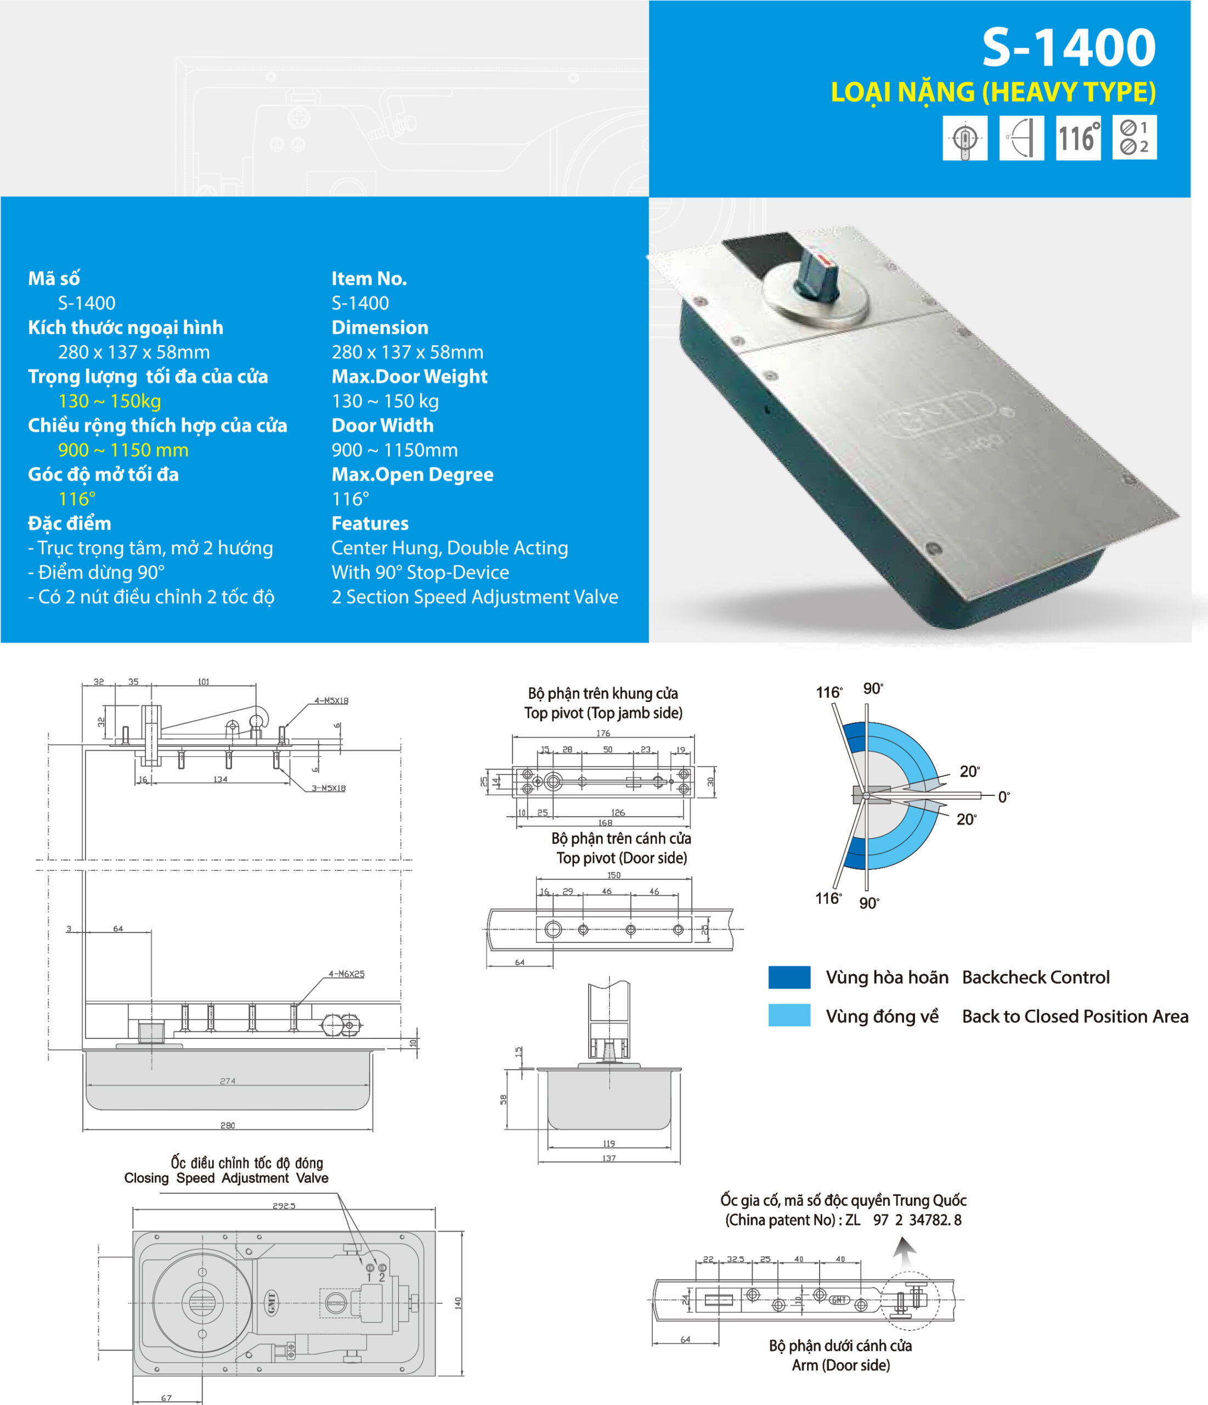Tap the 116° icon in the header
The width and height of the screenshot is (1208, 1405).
[1077, 138]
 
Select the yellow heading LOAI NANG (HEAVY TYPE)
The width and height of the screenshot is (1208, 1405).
[992, 92]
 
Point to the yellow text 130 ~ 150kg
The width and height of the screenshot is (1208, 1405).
[109, 401]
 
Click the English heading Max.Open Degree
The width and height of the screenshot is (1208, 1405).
[412, 474]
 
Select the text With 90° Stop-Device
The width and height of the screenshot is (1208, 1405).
[420, 572]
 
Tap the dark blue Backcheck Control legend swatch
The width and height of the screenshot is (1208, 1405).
[789, 977]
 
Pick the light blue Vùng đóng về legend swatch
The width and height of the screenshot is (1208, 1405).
[789, 1015]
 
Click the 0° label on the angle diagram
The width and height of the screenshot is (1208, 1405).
[1003, 797]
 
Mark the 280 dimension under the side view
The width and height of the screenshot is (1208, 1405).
[228, 1125]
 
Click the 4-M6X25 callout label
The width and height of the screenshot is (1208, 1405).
[346, 974]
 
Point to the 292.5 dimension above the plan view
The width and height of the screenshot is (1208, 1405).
[284, 1206]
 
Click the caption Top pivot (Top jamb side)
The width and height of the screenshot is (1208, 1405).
[603, 713]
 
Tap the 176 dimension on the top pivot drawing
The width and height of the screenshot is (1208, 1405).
[603, 733]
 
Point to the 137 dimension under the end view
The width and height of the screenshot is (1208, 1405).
[609, 1158]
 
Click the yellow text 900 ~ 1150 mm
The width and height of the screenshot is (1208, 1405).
[123, 449]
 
